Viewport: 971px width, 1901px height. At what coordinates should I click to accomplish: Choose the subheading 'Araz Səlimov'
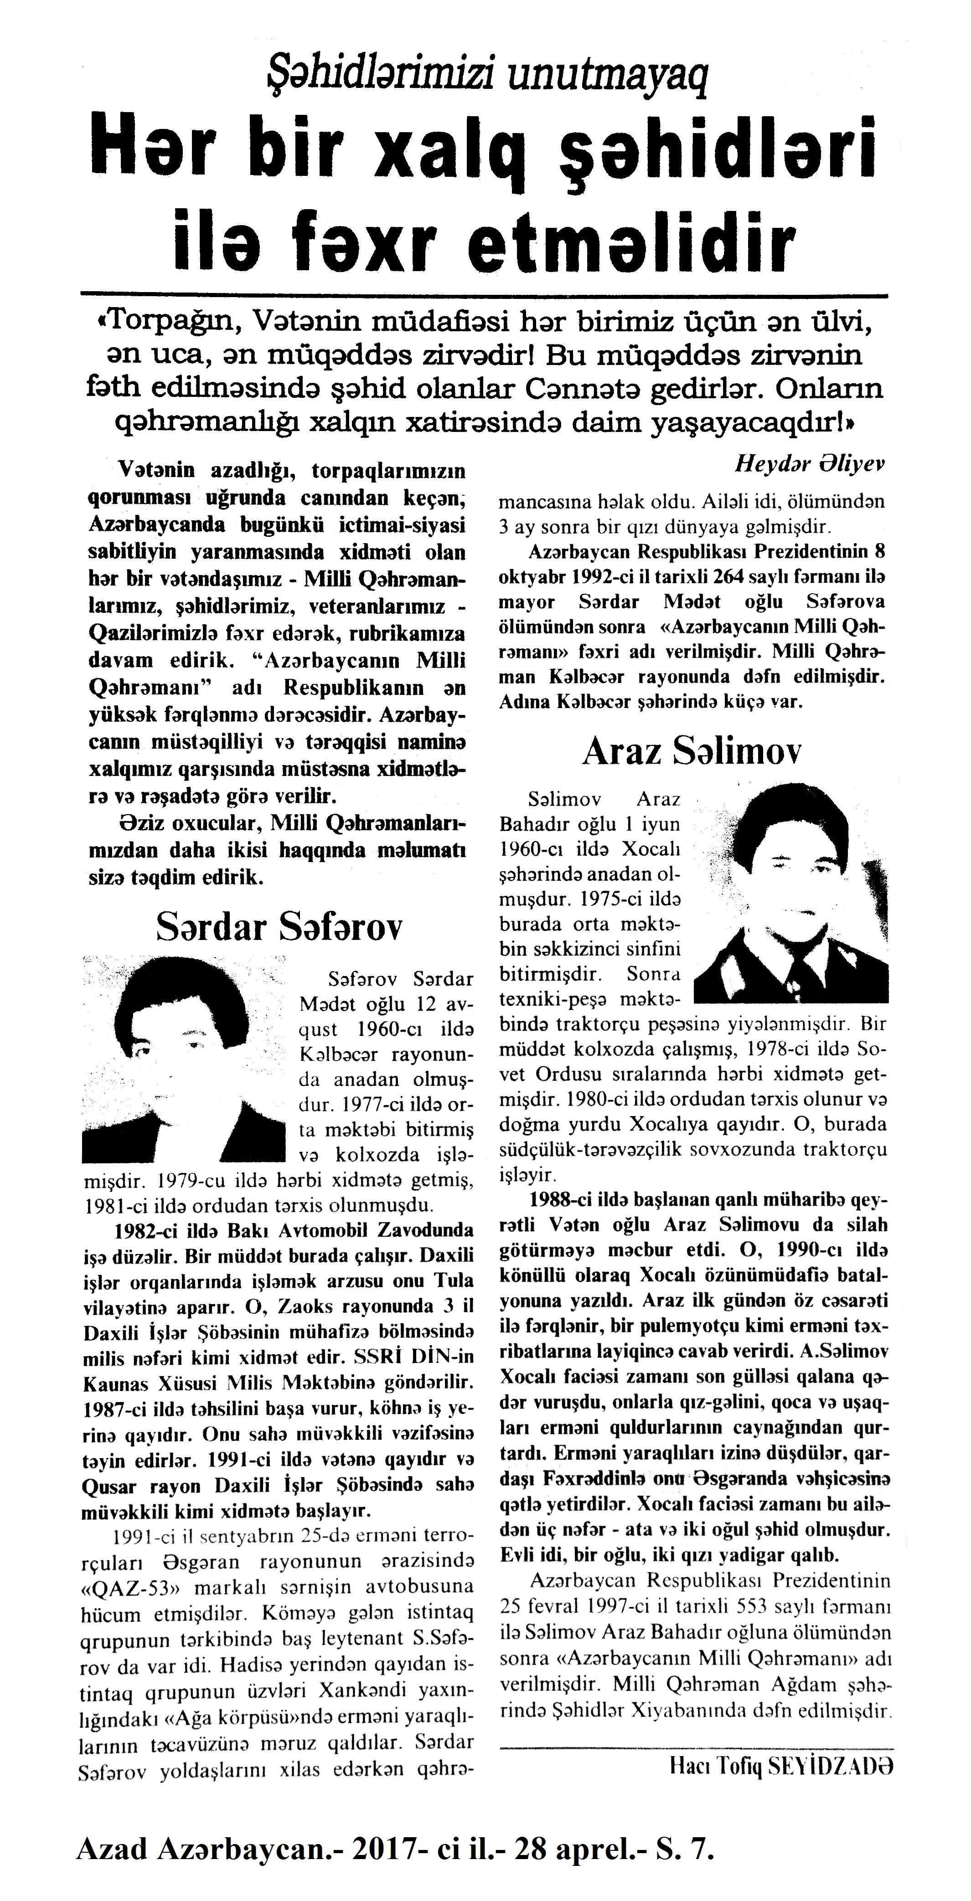692,751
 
